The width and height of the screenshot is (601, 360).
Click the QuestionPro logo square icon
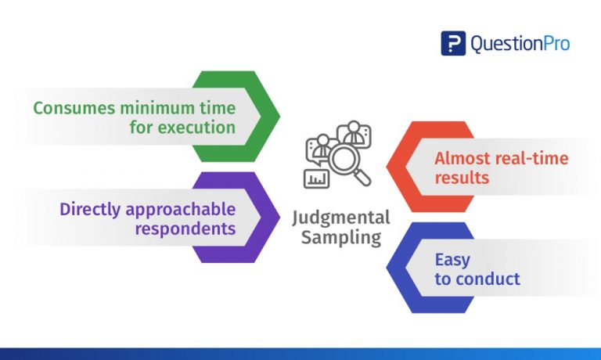pyautogui.click(x=453, y=43)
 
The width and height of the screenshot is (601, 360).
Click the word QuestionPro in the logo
pyautogui.click(x=520, y=43)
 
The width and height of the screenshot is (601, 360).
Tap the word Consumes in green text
pyautogui.click(x=74, y=108)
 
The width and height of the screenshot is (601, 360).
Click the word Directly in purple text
pyautogui.click(x=90, y=210)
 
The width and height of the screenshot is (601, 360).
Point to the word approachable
pyautogui.click(x=181, y=210)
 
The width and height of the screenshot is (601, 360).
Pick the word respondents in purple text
pyautogui.click(x=185, y=229)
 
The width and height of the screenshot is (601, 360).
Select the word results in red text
pyautogui.click(x=462, y=178)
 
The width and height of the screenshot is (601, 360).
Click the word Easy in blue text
pyautogui.click(x=452, y=261)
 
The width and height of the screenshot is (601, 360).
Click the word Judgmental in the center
pyautogui.click(x=341, y=218)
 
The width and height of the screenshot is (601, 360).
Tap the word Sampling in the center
pyautogui.click(x=341, y=238)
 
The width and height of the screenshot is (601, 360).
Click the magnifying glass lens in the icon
pyautogui.click(x=344, y=159)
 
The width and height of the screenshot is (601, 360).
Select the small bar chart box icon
pyautogui.click(x=317, y=178)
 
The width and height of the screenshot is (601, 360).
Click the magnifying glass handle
pyautogui.click(x=362, y=178)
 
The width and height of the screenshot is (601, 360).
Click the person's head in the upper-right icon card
pyautogui.click(x=354, y=126)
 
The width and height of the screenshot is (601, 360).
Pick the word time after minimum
pyautogui.click(x=218, y=108)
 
